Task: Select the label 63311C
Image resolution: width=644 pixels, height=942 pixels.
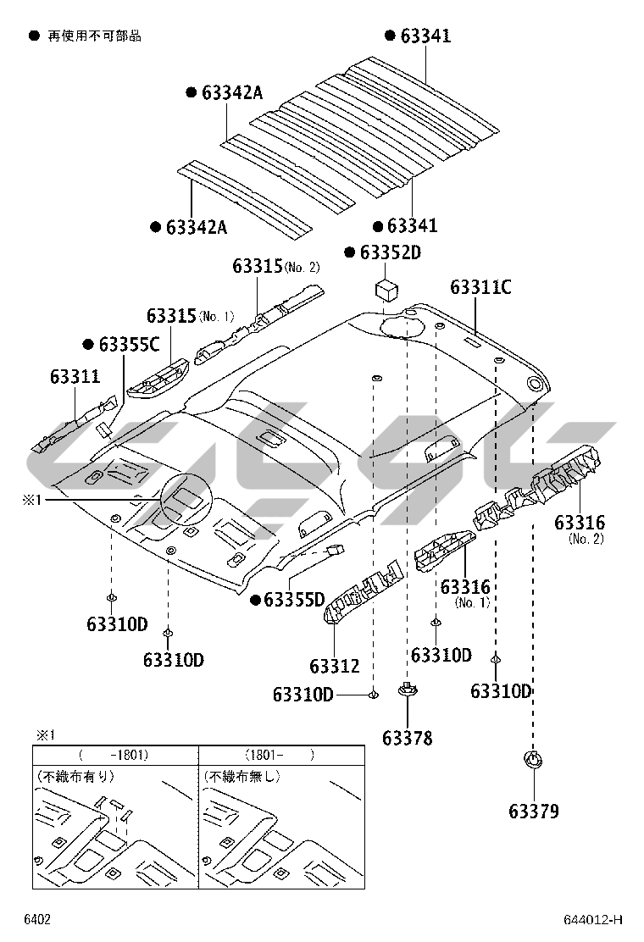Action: (480, 287)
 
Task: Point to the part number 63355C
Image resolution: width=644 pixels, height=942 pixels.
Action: (129, 344)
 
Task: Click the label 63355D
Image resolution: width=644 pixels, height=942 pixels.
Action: (294, 601)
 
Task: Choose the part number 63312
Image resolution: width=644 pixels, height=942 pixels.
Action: (335, 667)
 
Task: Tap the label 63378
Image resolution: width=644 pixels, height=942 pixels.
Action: (407, 739)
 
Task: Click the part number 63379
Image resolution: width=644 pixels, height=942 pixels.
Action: (534, 812)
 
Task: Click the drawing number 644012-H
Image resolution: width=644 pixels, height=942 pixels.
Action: (593, 920)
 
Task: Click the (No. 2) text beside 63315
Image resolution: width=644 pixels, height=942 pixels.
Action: (303, 268)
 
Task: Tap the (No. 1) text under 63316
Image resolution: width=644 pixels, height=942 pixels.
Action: (473, 603)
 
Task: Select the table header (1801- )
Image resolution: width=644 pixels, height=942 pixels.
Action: (280, 754)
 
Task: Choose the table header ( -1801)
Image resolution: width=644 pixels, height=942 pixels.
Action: (114, 754)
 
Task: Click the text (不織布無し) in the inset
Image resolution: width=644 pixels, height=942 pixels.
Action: (241, 775)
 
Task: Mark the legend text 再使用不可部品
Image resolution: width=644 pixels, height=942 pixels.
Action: (93, 36)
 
